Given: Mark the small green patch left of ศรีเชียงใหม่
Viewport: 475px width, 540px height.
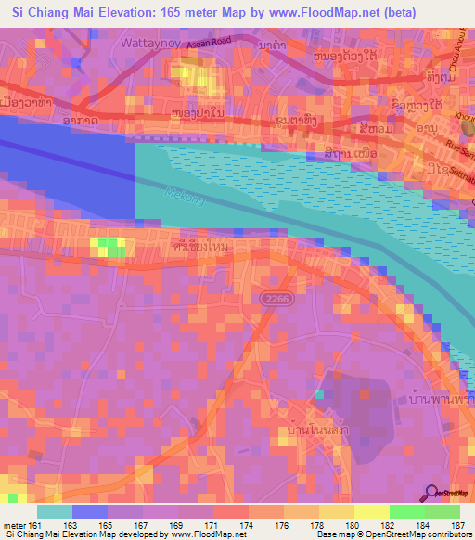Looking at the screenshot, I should [110, 246].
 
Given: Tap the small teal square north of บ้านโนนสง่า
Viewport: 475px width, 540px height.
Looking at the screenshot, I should [318, 394].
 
